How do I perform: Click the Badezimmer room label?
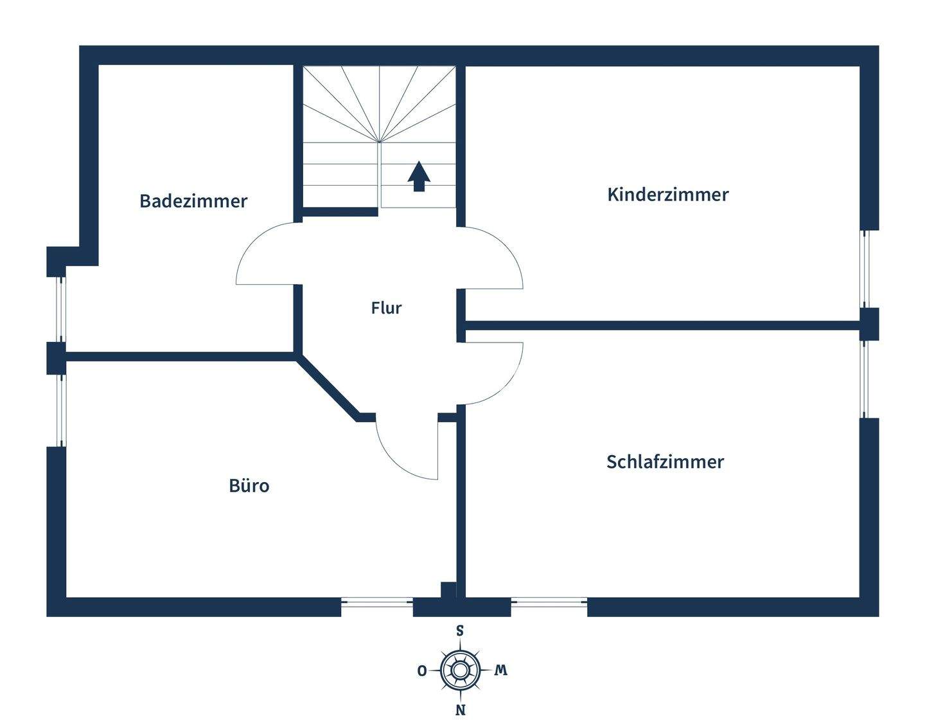coord(193,201)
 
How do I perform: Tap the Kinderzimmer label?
coord(667,195)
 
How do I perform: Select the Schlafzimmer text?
coord(665,462)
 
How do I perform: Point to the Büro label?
coord(249,486)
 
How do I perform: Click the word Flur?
coord(386,308)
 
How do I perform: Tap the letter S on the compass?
coord(460,631)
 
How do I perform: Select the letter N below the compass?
coord(461,710)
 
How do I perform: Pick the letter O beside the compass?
coord(422,671)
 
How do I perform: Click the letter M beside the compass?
coord(501,670)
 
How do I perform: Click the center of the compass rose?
coord(460,670)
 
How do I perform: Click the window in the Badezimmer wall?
coord(62,309)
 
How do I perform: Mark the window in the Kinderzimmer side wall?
coord(865,268)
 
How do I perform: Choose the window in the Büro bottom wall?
coord(376,602)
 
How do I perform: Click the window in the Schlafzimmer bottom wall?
coord(549,602)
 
